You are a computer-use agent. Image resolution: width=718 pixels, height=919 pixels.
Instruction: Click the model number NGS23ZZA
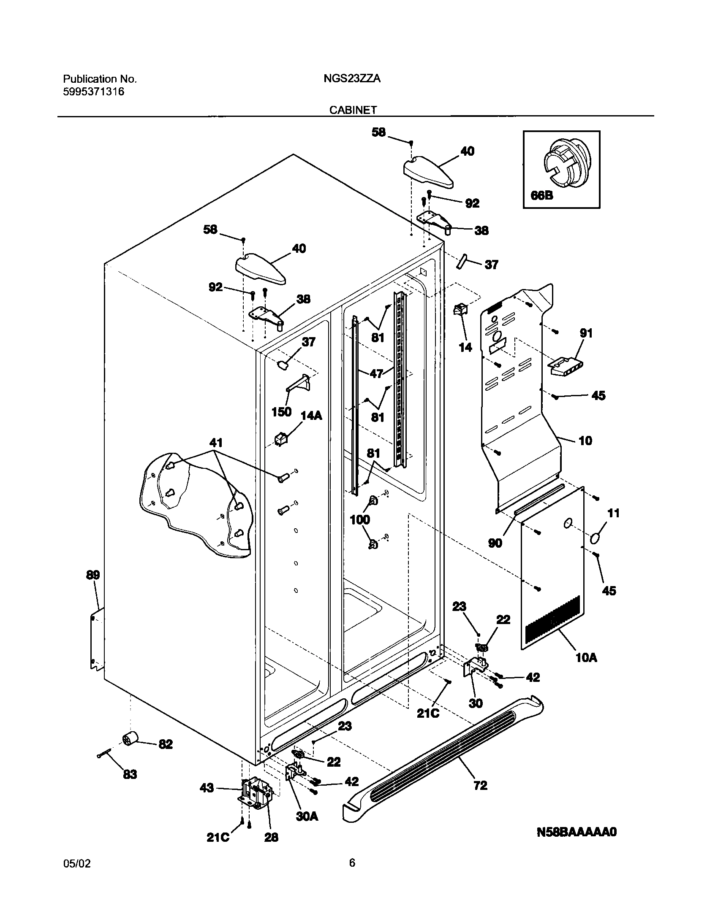click(352, 79)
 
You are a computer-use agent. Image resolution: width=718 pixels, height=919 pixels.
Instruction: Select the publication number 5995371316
click(94, 92)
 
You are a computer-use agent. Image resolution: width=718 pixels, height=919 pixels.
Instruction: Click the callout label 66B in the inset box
click(542, 196)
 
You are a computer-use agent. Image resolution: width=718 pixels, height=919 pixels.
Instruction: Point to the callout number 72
click(481, 785)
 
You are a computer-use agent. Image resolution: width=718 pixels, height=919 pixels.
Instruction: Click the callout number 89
click(93, 575)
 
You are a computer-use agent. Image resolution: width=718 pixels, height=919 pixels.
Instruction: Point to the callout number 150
click(282, 411)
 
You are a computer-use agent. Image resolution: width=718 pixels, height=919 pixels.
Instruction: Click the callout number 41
click(216, 443)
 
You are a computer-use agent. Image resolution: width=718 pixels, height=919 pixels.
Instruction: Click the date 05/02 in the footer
click(76, 863)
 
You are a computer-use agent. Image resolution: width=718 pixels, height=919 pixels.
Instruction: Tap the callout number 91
click(586, 333)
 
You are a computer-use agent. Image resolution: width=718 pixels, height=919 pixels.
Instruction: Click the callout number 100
click(360, 519)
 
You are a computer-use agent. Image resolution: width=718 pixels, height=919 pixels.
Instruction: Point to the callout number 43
click(207, 788)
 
